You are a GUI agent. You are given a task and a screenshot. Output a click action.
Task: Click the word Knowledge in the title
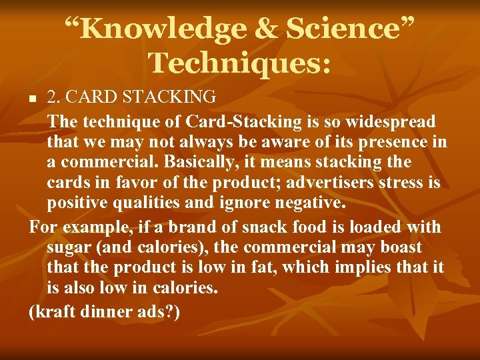[170, 29]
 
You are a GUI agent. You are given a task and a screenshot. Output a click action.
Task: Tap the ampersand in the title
[267, 29]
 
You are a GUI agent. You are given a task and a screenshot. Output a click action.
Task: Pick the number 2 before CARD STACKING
[53, 97]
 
